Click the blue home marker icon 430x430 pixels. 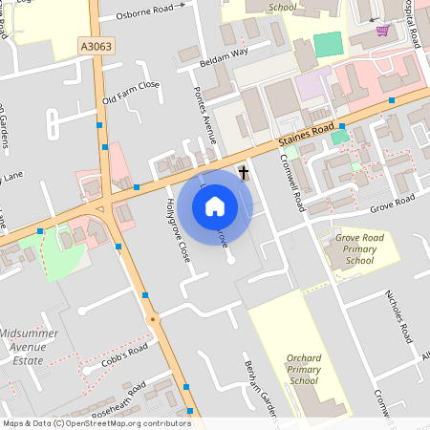click(x=215, y=206)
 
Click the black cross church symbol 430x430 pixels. click(x=244, y=173)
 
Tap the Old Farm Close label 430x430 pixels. click(x=131, y=92)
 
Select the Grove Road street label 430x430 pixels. click(x=393, y=203)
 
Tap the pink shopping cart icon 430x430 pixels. click(x=382, y=31)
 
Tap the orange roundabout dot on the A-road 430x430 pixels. click(x=151, y=318)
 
